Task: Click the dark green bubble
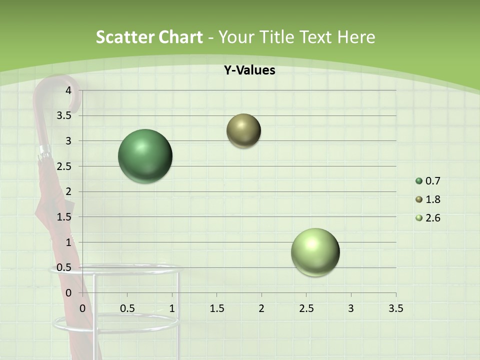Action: [145, 156]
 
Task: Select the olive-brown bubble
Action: [243, 131]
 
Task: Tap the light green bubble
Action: [315, 252]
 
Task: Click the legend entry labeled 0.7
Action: [428, 181]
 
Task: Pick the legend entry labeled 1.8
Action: [428, 199]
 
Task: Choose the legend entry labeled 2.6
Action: [428, 218]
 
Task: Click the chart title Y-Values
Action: [249, 70]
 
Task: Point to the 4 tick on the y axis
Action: [69, 90]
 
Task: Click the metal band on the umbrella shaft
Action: [45, 150]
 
